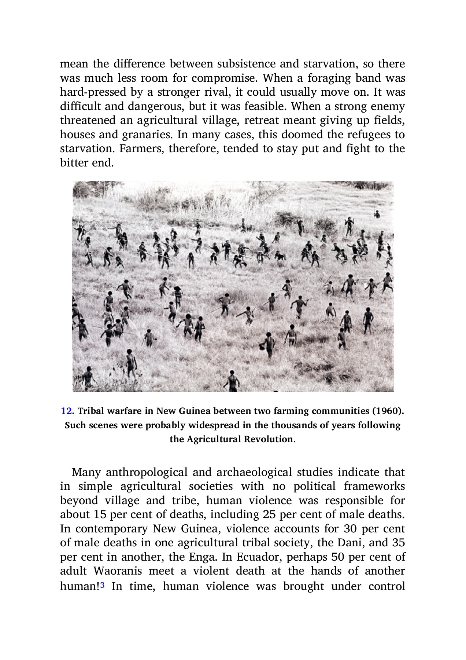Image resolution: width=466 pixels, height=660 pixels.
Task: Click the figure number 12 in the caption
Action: [67, 411]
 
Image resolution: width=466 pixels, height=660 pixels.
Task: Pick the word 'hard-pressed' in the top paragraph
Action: [93, 92]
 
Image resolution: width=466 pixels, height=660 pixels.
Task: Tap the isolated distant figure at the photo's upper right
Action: [377, 214]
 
